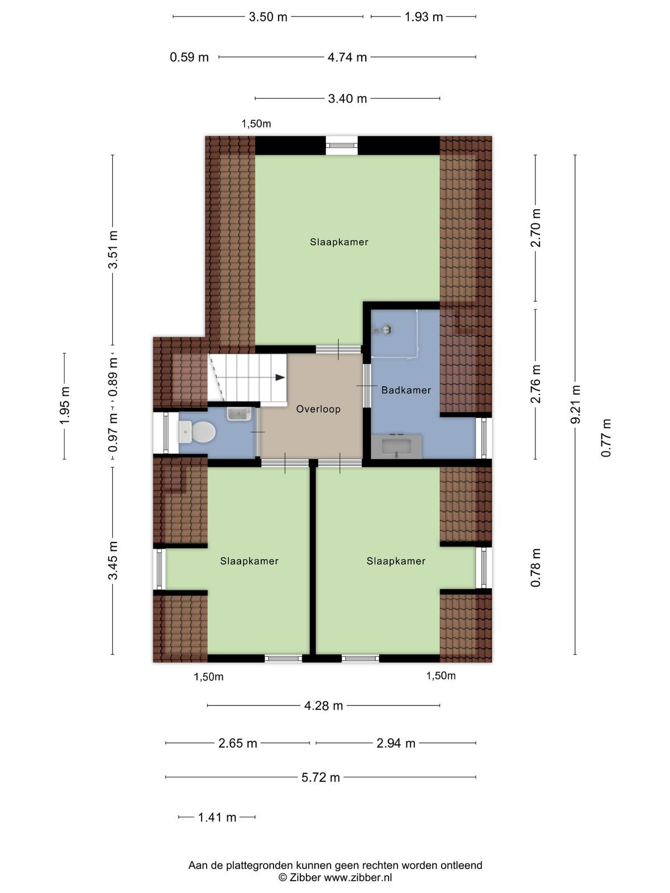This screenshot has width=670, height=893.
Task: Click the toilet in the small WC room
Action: (x=197, y=432)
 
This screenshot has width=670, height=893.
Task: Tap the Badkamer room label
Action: (x=406, y=390)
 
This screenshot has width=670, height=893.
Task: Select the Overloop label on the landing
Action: (x=318, y=409)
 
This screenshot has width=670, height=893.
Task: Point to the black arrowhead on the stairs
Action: (x=280, y=377)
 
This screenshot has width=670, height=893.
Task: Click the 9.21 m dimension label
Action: (x=575, y=405)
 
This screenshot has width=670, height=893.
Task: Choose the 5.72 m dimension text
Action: (x=320, y=777)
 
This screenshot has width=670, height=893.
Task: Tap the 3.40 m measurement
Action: (x=347, y=98)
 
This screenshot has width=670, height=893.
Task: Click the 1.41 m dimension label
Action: (x=217, y=817)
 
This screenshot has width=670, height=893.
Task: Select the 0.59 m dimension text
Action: (x=189, y=57)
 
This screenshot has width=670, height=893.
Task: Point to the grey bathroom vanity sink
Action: (x=396, y=446)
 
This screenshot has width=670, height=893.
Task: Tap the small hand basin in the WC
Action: (x=239, y=414)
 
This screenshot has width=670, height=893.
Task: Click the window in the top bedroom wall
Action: (x=342, y=145)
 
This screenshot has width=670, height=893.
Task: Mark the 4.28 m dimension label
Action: (x=324, y=705)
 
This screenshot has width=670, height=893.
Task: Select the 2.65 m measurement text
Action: (x=238, y=743)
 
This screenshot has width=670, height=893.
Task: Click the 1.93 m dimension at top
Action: (x=423, y=17)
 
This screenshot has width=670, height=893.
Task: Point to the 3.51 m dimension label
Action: (x=113, y=250)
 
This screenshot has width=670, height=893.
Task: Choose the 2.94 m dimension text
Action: (x=396, y=743)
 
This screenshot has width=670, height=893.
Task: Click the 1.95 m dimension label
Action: (x=65, y=406)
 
